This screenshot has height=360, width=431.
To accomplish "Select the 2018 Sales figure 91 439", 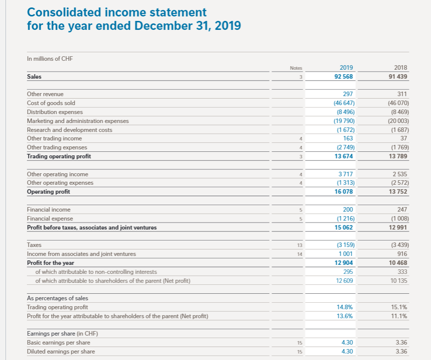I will [x=397, y=77].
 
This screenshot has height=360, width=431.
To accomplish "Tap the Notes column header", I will [x=296, y=68].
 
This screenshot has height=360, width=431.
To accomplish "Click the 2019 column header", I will [x=346, y=68].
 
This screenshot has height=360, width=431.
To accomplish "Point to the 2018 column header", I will [x=401, y=68].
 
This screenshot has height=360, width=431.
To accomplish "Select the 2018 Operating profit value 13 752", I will [x=398, y=192].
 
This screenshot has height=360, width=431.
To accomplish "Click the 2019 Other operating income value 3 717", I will [x=346, y=174].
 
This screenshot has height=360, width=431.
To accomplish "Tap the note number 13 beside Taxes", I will [x=299, y=245].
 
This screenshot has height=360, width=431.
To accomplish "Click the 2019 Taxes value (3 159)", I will [x=343, y=245].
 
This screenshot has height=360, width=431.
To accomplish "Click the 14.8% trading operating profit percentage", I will [x=345, y=307].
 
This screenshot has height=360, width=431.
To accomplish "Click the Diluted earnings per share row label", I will [x=60, y=352].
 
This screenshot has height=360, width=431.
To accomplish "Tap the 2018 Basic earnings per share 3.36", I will [x=401, y=343].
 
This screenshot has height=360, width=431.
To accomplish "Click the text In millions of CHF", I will [x=50, y=59].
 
